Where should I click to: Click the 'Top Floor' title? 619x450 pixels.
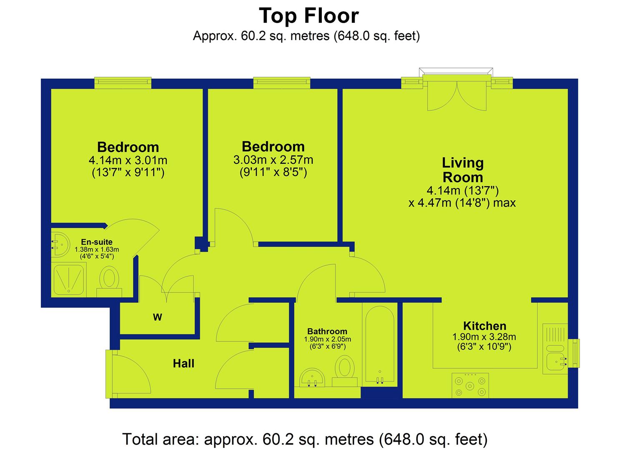[309, 16]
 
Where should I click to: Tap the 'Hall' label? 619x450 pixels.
[183, 363]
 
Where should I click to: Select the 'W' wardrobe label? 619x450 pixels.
[158, 317]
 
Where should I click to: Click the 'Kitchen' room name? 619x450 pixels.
[485, 326]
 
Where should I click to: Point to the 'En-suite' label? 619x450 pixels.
[97, 242]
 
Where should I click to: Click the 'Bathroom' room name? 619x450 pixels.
[327, 331]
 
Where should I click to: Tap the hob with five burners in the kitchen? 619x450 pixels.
[470, 386]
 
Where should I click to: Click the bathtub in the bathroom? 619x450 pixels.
[380, 345]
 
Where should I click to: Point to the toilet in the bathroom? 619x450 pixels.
[345, 371]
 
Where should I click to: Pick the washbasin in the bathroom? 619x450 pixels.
[312, 377]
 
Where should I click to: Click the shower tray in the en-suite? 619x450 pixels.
[69, 280]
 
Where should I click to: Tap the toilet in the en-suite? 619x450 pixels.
[109, 282]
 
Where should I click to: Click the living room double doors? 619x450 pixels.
[457, 96]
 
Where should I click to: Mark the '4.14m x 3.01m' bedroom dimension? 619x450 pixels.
[128, 160]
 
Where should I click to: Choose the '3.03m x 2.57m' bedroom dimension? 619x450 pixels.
[273, 160]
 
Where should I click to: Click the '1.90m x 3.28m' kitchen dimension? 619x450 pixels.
[484, 337]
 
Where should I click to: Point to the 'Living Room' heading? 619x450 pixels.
[463, 170]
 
